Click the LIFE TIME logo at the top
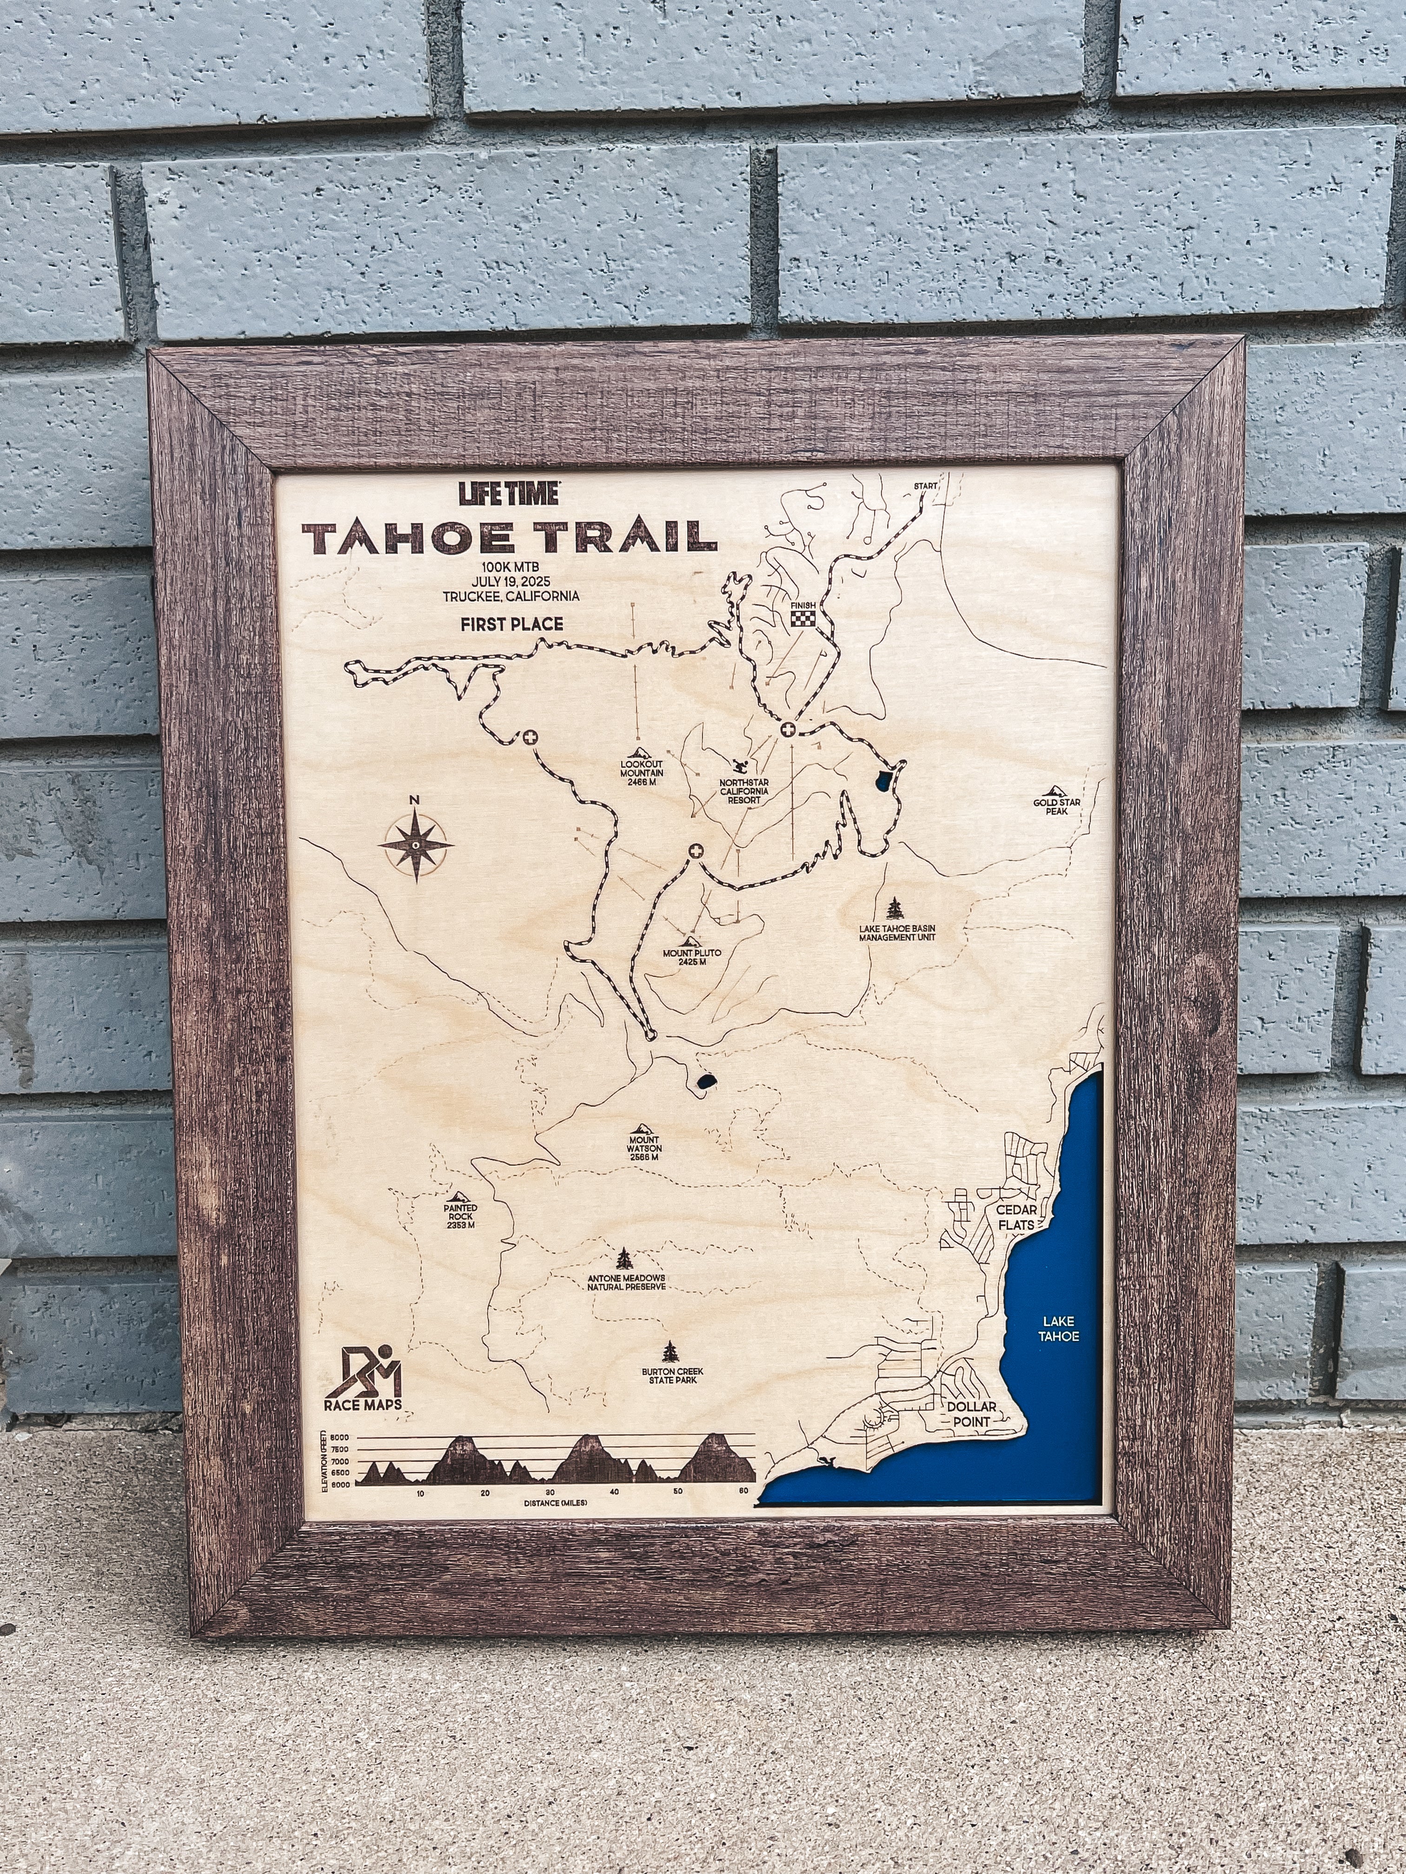[x=509, y=493]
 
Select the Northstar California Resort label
[x=744, y=791]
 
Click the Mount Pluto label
[x=692, y=957]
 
